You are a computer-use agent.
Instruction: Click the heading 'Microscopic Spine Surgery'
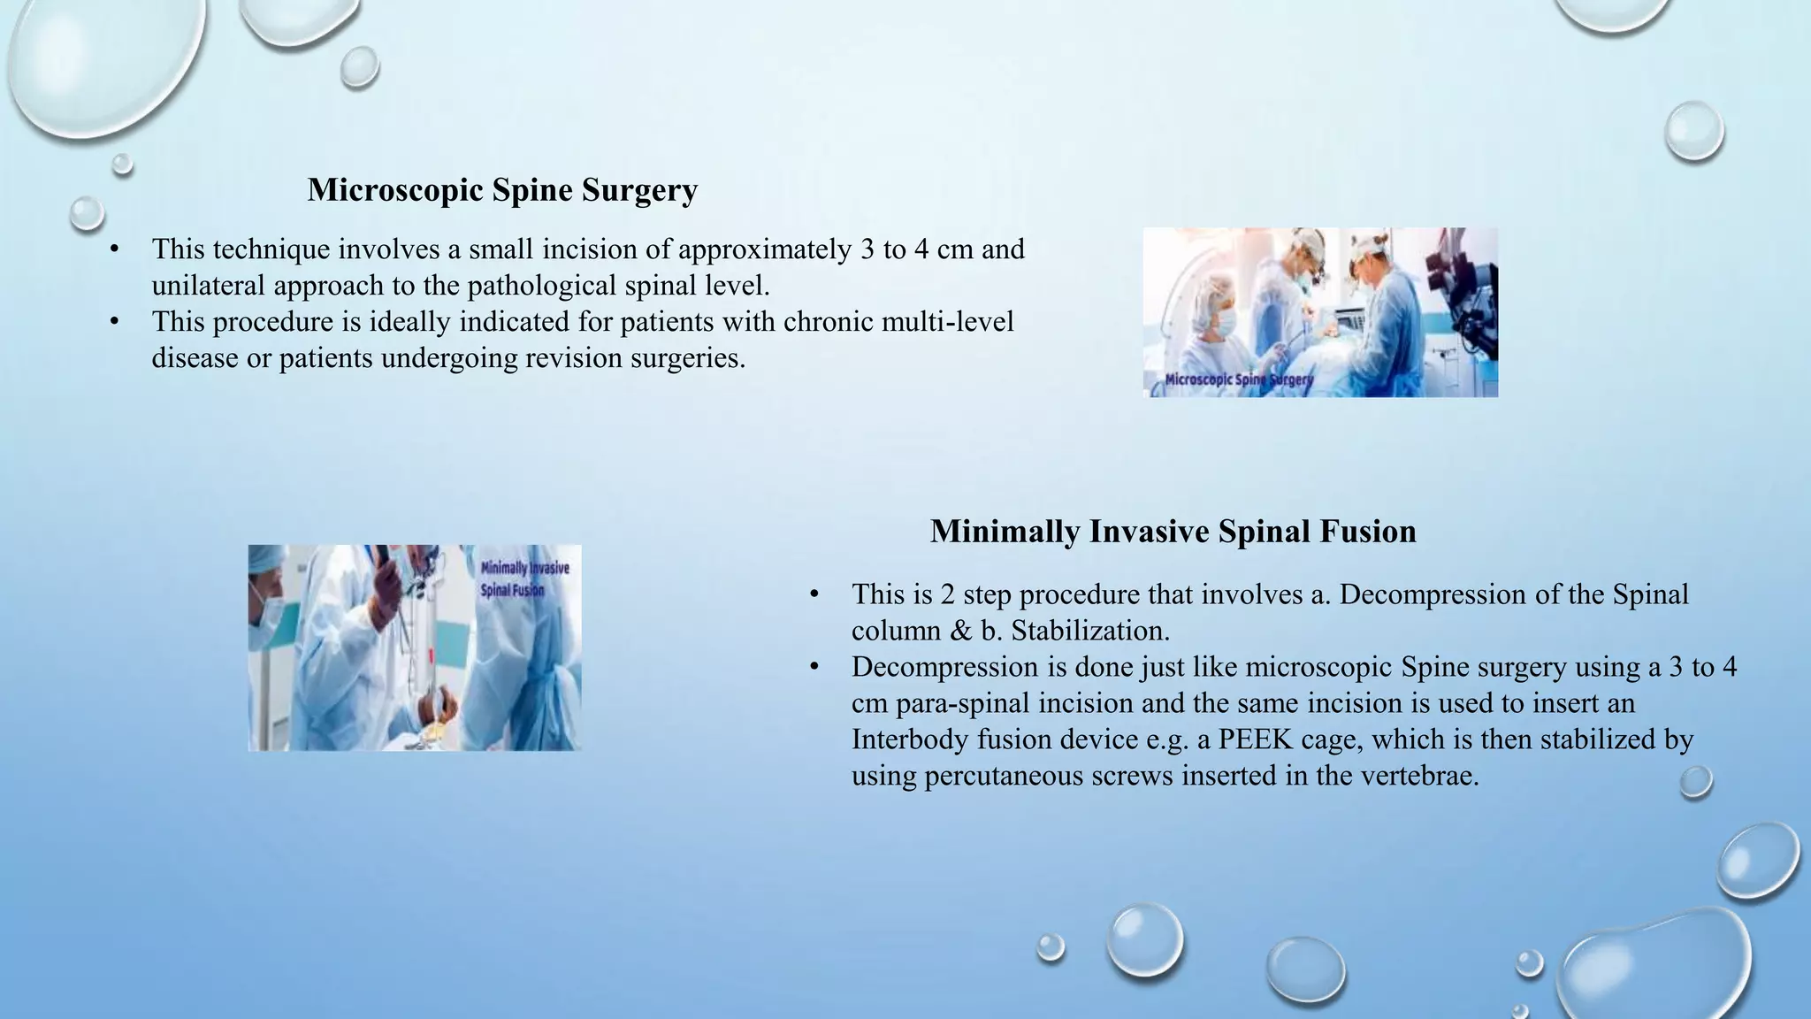pos(502,190)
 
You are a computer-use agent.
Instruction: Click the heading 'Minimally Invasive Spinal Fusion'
pos(1173,532)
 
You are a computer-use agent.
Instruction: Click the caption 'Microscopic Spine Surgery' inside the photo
pos(1238,379)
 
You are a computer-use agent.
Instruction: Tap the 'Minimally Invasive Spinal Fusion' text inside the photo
pos(524,578)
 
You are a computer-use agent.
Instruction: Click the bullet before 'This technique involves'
pos(114,249)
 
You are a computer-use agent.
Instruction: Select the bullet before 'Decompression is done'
pos(814,667)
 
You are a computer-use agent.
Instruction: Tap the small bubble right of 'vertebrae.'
pos(1695,782)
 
